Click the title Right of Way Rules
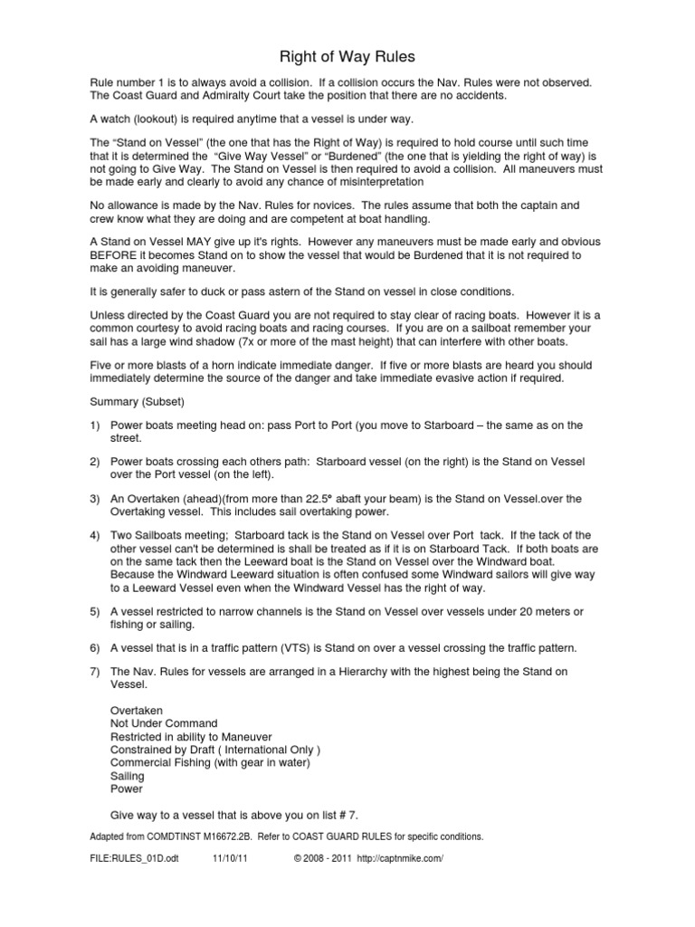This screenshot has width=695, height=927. click(347, 56)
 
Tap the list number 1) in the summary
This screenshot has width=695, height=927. click(94, 425)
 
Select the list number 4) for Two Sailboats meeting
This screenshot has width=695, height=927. click(94, 536)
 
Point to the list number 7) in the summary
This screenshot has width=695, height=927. click(94, 673)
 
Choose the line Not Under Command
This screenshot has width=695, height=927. click(164, 724)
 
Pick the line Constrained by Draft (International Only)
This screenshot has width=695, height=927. click(215, 750)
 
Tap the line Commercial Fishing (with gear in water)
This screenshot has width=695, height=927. click(210, 763)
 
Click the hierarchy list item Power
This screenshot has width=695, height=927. click(127, 788)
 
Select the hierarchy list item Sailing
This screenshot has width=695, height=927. click(129, 776)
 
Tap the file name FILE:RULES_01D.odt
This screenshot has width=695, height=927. click(133, 858)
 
